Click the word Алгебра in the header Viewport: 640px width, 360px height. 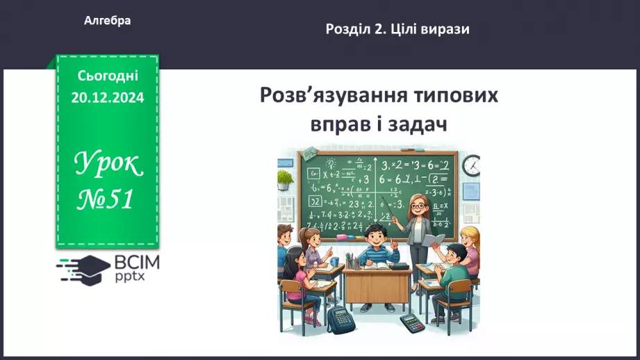[x=107, y=21]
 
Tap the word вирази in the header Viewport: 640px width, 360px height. [x=445, y=29]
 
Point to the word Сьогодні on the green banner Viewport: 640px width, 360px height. [x=108, y=74]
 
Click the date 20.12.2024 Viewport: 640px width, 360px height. [x=108, y=98]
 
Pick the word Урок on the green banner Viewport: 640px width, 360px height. [x=108, y=165]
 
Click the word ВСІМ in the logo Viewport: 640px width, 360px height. [x=135, y=263]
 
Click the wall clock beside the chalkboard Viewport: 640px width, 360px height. [x=470, y=165]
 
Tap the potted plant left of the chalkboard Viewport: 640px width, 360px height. [x=286, y=179]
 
